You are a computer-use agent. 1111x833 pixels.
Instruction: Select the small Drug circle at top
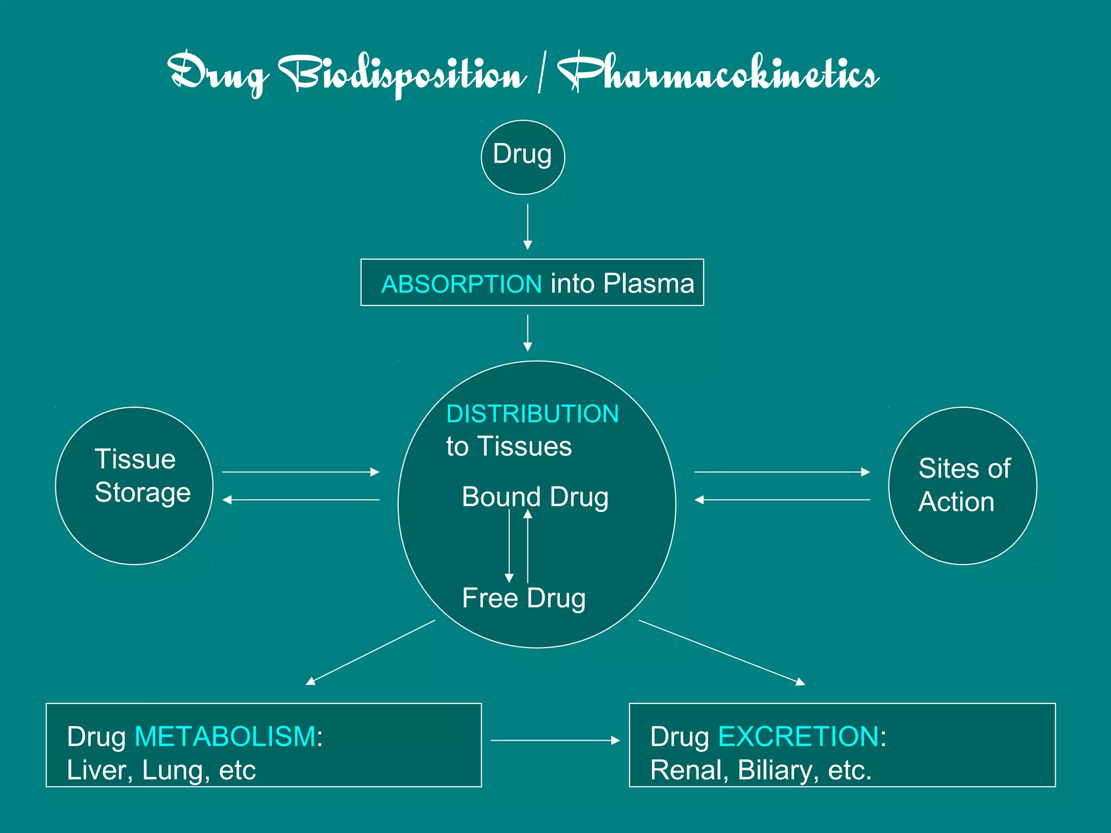(x=523, y=157)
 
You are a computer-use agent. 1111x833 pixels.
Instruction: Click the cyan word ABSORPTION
(x=462, y=284)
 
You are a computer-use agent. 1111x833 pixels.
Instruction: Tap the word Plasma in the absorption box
(x=649, y=284)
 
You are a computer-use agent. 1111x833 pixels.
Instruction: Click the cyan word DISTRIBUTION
(x=532, y=414)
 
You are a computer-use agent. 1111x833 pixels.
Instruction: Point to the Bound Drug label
(x=535, y=497)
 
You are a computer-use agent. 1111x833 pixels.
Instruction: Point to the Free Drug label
(x=524, y=598)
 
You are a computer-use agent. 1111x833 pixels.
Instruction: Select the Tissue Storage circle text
(x=142, y=476)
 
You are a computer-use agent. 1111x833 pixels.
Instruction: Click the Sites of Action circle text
(x=964, y=485)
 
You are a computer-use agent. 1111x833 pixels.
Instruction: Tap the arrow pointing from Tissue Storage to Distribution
(x=301, y=472)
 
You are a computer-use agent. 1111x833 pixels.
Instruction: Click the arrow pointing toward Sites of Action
(x=782, y=472)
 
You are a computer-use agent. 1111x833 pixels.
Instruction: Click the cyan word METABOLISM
(x=225, y=736)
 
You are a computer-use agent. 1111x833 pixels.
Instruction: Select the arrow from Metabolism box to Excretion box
(x=555, y=740)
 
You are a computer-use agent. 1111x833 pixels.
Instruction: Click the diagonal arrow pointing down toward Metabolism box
(x=371, y=652)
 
